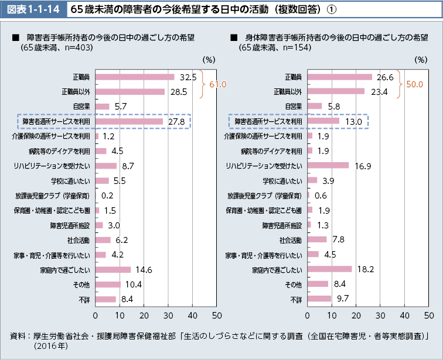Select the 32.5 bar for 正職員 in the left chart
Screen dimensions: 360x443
134,77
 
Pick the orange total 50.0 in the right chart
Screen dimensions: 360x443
414,84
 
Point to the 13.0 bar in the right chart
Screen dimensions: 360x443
323,121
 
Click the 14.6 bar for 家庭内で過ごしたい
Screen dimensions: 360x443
113,270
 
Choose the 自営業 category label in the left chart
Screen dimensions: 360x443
81,107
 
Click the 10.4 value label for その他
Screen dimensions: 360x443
134,284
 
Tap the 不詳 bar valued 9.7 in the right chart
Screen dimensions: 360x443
319,299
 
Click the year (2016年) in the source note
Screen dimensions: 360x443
51,347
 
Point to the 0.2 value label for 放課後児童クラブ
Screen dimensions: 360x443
107,196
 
